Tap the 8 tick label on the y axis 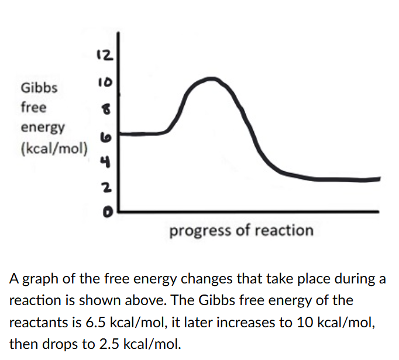[x=106, y=109]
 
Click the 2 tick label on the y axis [x=106, y=187]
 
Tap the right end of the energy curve [x=380, y=178]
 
